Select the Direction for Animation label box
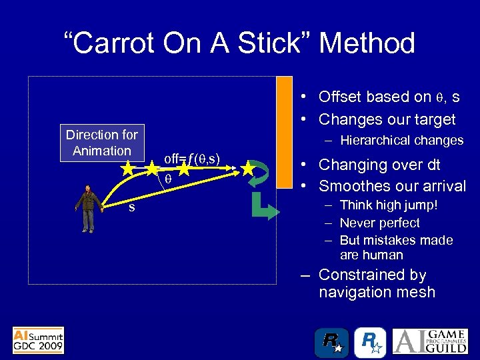point(101,143)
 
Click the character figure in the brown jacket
point(87,207)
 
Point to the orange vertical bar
point(285,133)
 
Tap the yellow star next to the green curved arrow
point(248,169)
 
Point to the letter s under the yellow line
point(131,207)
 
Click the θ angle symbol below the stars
point(169,179)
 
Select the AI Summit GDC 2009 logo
point(38,340)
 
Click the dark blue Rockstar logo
point(331,342)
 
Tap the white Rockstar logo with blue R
point(370,342)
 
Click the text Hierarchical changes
point(401,140)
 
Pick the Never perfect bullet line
point(380,223)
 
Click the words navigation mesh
point(377,292)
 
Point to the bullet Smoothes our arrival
point(392,186)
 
